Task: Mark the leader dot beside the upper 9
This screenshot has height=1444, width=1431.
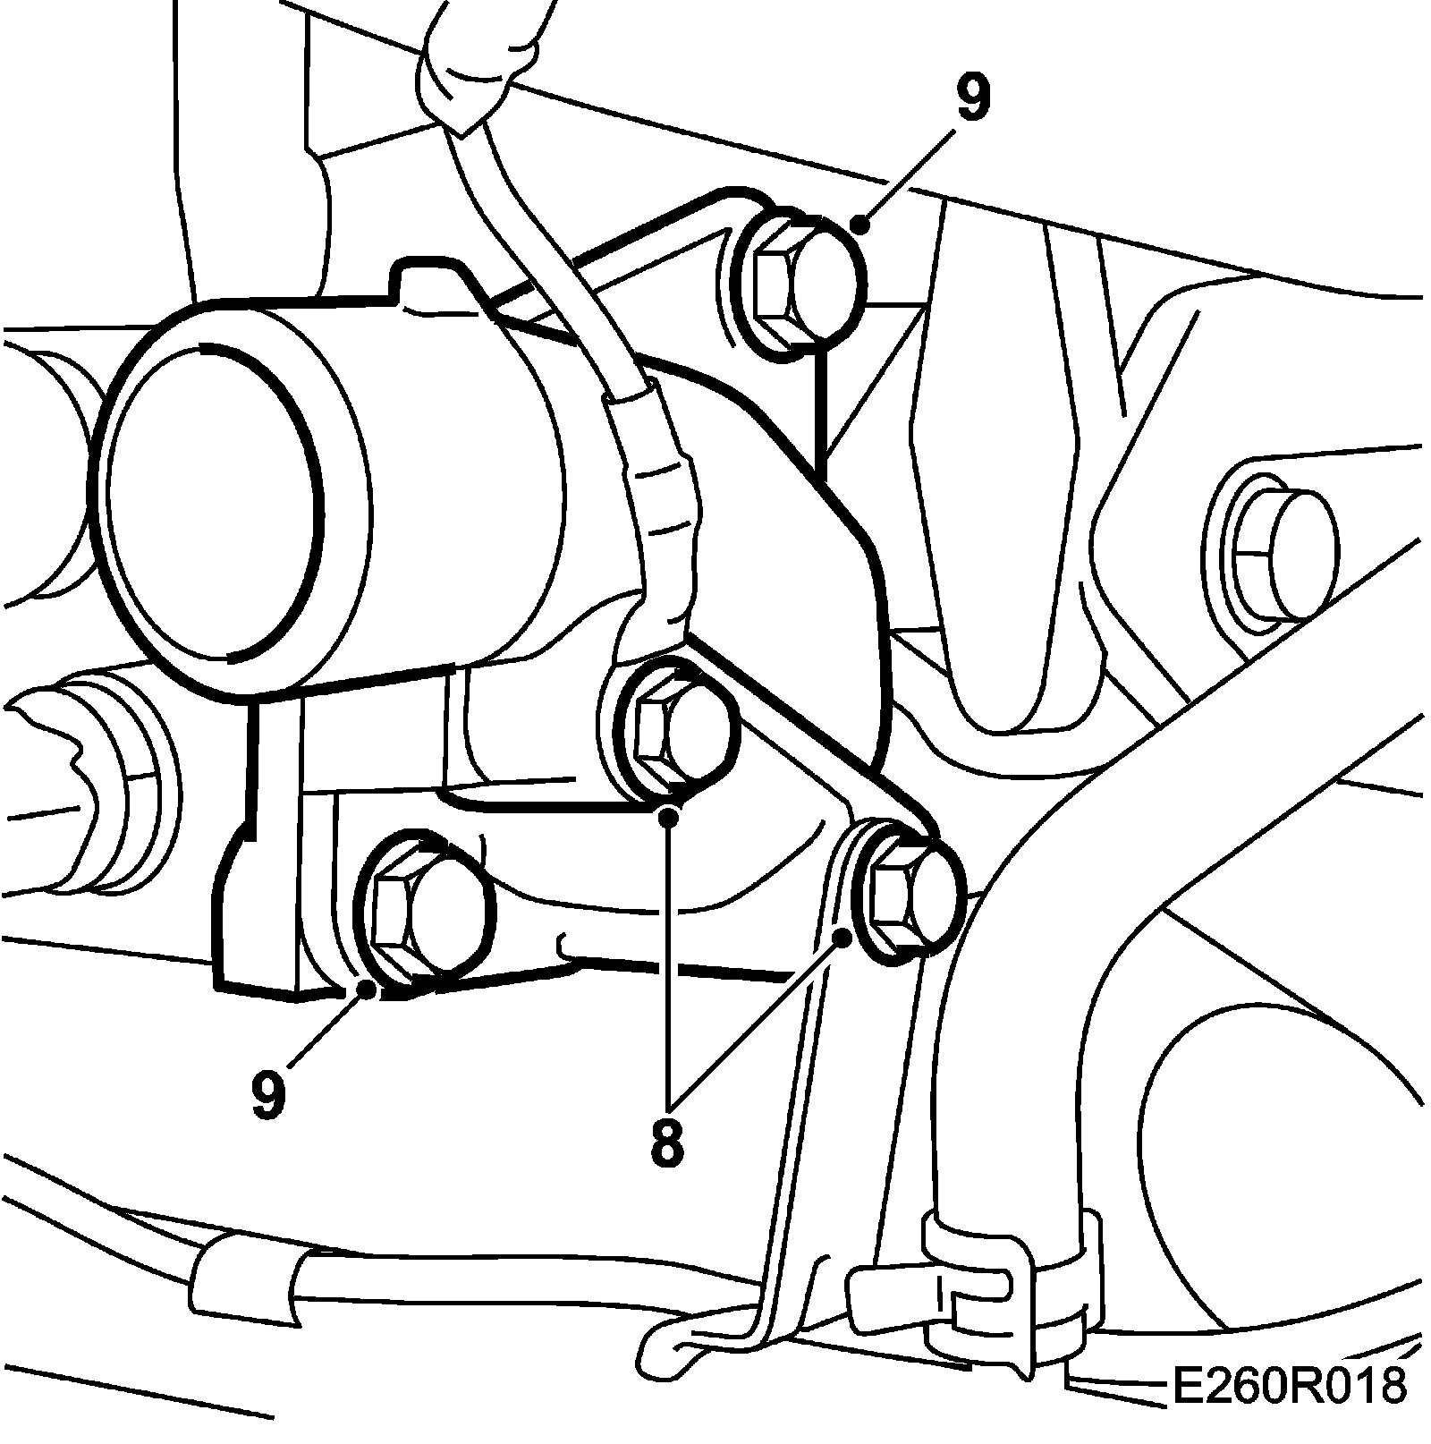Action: point(859,224)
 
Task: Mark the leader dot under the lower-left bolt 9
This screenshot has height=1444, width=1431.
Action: point(366,989)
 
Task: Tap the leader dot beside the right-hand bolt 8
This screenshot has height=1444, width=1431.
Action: point(843,937)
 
